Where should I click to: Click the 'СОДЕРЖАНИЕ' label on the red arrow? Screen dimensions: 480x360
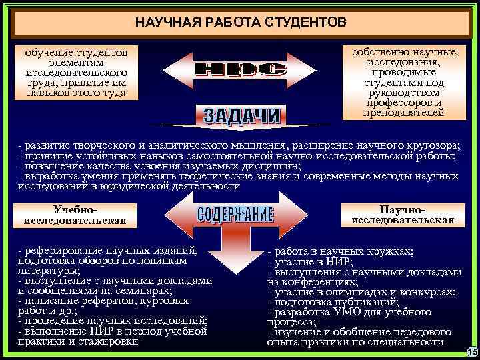tap(235, 215)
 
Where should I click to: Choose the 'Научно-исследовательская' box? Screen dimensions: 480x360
tap(403, 215)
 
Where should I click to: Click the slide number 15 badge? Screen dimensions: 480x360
tap(472, 351)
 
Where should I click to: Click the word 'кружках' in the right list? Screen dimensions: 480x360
tap(389, 252)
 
